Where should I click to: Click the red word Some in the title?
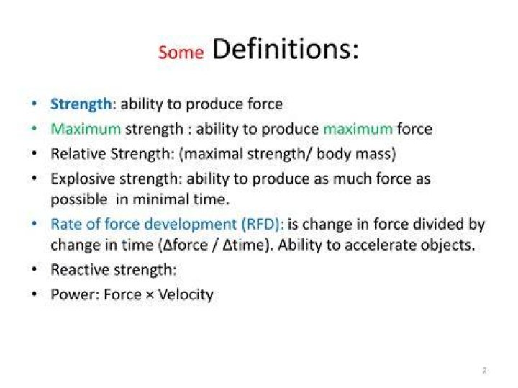181,53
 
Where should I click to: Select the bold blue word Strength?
81,104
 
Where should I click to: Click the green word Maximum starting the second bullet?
86,129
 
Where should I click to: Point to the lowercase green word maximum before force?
358,129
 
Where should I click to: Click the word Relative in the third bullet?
78,153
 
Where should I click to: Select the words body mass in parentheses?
353,153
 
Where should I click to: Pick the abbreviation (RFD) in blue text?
263,224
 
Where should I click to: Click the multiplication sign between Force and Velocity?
150,295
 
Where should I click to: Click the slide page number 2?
485,370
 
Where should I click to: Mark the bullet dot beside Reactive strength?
34,270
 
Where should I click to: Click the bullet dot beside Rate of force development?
34,224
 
